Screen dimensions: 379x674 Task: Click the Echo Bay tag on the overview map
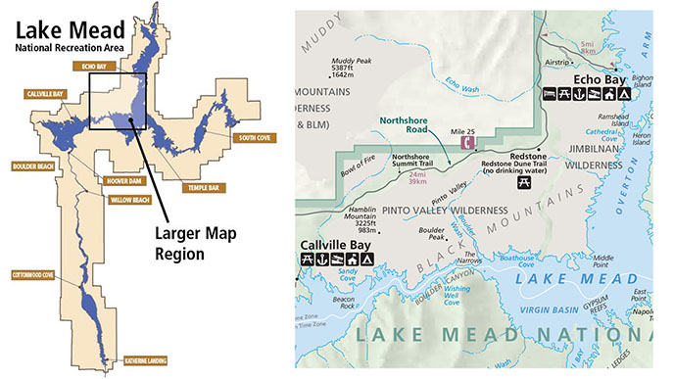(x=89, y=66)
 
